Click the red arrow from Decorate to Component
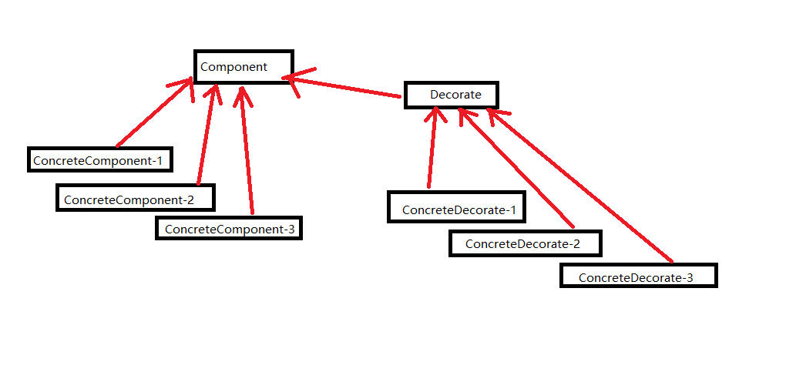pos(342,86)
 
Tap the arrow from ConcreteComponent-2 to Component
pos(209,133)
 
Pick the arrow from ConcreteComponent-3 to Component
pos(246,150)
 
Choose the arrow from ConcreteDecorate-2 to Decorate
pos(516,167)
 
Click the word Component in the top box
pos(234,67)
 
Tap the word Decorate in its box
pos(455,94)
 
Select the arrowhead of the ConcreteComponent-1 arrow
pos(183,88)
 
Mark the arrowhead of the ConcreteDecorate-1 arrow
pos(435,114)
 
